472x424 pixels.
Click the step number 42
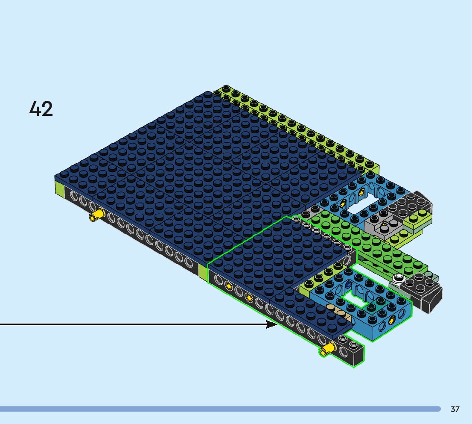click(41, 109)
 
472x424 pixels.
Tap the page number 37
click(455, 409)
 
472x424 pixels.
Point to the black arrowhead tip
click(278, 324)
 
